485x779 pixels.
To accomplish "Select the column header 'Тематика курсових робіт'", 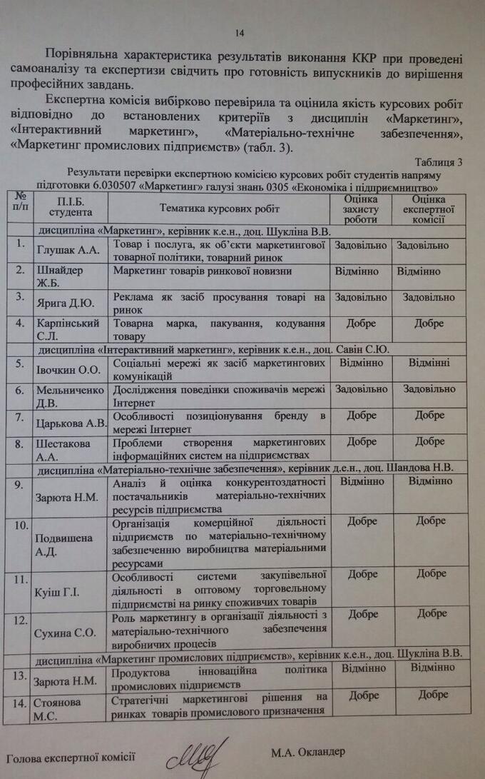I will pos(220,208).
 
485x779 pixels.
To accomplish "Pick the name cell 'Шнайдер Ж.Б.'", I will pos(60,276).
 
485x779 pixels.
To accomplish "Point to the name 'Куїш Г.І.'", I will pos(56,593).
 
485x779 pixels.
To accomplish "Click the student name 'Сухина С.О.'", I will pos(65,633).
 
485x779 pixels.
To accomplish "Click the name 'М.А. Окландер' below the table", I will pos(307,752).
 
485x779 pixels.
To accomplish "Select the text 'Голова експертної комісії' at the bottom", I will pos(71,757).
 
